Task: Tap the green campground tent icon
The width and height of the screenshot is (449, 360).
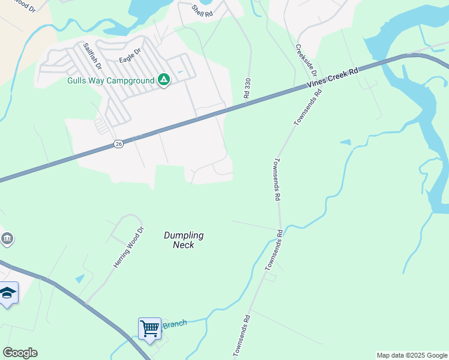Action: point(164,80)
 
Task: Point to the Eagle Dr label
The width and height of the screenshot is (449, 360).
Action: point(129,56)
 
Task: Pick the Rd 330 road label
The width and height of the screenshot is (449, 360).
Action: point(247,88)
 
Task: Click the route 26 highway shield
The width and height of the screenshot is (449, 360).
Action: point(118,145)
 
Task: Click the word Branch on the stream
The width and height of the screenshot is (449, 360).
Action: point(174,324)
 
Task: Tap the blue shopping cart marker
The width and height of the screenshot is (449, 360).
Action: point(149,329)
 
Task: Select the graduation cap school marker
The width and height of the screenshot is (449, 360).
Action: point(8,293)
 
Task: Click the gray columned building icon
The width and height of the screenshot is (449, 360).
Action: point(7,239)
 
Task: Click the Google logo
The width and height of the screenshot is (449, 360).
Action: point(20,353)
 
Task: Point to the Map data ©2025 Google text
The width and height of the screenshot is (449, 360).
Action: point(412,355)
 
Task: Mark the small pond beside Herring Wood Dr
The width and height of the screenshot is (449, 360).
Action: point(80,278)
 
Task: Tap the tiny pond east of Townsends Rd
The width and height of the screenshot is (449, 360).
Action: point(345,142)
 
